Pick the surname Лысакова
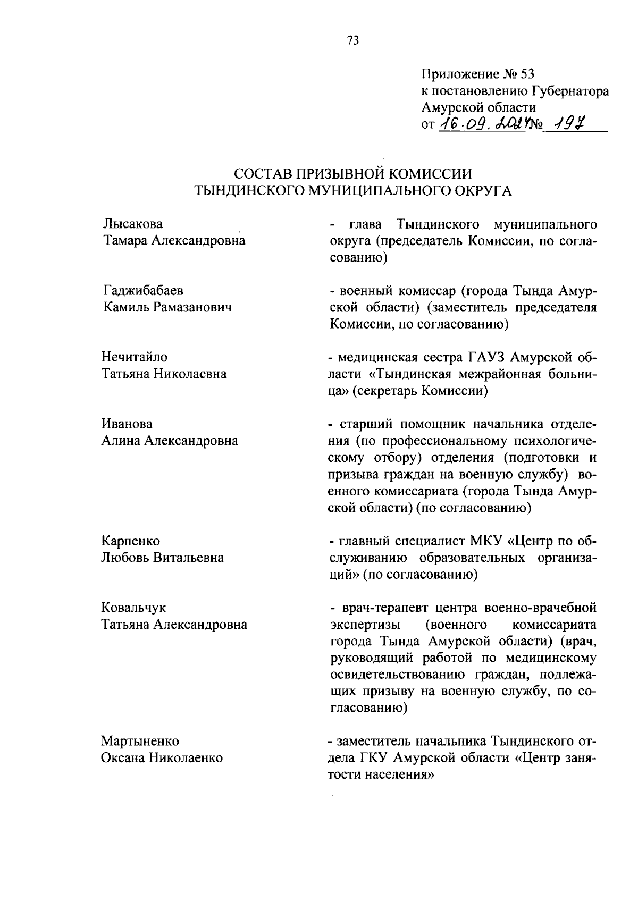[133, 224]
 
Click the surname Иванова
[127, 424]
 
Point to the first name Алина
[121, 441]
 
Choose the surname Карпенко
[131, 541]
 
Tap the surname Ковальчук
[134, 608]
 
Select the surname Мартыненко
[140, 741]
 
